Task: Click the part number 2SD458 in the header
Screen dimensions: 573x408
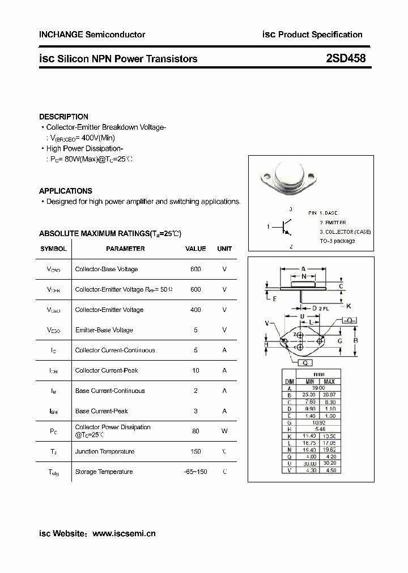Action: click(x=346, y=59)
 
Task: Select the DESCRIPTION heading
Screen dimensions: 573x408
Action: click(x=63, y=117)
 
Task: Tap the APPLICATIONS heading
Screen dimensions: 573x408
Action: click(x=65, y=191)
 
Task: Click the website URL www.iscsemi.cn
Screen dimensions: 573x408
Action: click(x=124, y=533)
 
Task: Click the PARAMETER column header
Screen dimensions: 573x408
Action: click(x=125, y=249)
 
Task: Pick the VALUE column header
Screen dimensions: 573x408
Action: click(x=195, y=249)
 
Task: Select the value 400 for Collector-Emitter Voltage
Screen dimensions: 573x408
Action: click(x=195, y=310)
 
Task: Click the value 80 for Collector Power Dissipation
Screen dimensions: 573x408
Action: click(x=195, y=431)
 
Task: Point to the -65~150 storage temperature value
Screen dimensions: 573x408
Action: click(x=195, y=472)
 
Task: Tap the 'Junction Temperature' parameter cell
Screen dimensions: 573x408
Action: click(x=104, y=451)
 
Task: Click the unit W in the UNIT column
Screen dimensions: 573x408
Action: click(x=224, y=431)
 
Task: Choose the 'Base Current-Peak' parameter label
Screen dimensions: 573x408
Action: click(x=102, y=411)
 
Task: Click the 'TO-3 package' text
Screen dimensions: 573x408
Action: click(x=337, y=241)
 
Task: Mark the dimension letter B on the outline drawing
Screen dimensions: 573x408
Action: click(x=355, y=340)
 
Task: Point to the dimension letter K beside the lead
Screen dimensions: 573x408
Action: click(x=348, y=306)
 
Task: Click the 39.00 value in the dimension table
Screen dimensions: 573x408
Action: click(x=318, y=388)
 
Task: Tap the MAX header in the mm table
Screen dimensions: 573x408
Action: click(x=329, y=382)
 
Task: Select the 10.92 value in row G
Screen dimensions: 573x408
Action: click(x=318, y=422)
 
